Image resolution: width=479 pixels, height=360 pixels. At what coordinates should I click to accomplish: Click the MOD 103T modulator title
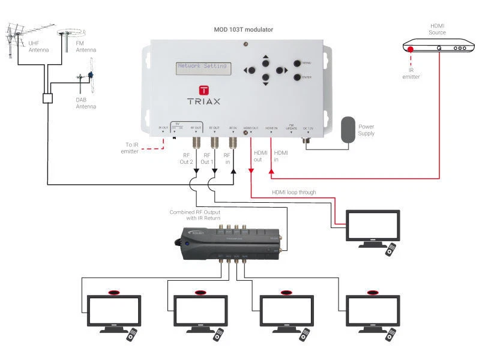coord(241,29)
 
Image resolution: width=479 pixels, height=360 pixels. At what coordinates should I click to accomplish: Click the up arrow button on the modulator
coord(265,60)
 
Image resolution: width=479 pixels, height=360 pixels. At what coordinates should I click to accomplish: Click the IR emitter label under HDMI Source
coord(411,73)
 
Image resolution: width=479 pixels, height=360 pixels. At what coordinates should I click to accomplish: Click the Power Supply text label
coord(366,130)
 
